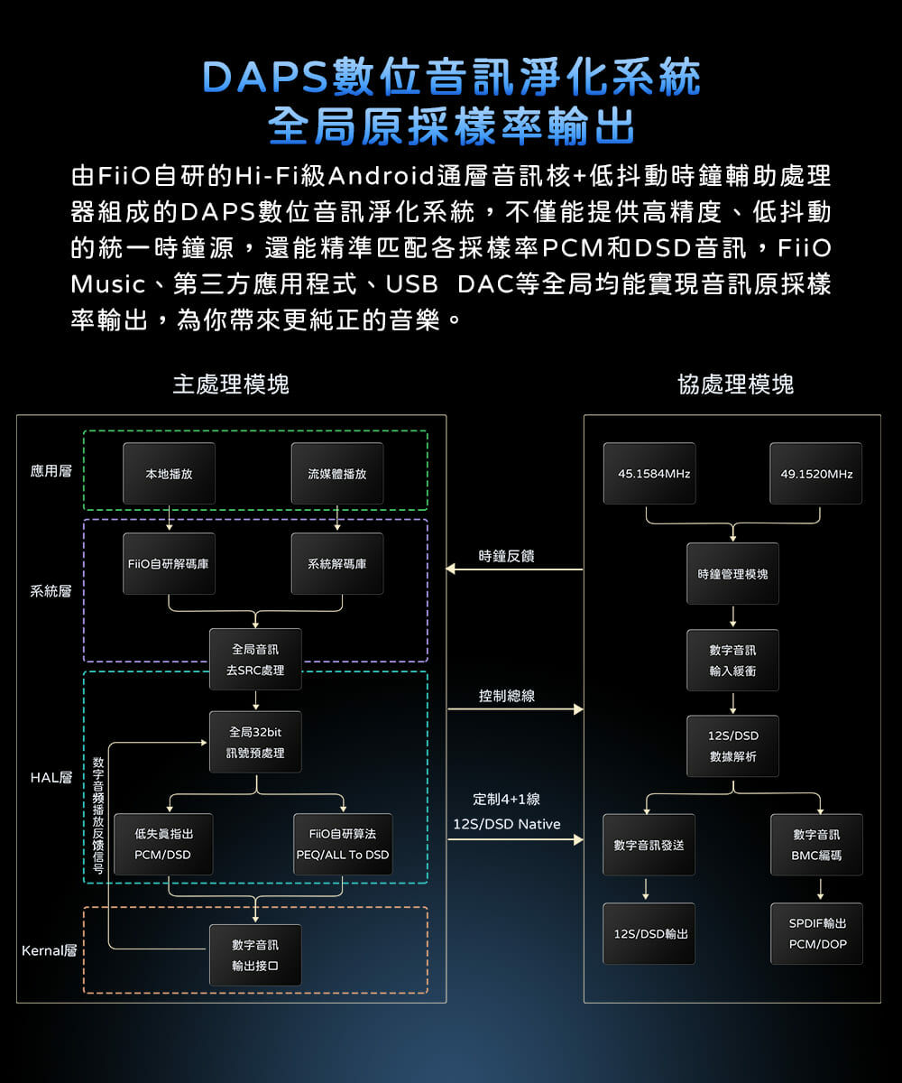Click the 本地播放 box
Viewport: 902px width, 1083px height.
pyautogui.click(x=170, y=474)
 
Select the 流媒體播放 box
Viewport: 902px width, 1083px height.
pyautogui.click(x=337, y=474)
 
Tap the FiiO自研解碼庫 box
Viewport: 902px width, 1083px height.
pyautogui.click(x=170, y=564)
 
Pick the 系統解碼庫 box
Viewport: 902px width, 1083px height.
pyautogui.click(x=337, y=564)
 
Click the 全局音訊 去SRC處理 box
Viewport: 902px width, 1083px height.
pyautogui.click(x=256, y=660)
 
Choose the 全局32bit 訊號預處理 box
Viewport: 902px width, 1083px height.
pyautogui.click(x=256, y=742)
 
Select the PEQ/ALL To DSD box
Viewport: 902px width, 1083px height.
pyautogui.click(x=343, y=845)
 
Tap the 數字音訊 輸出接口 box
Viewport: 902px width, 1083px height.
pyautogui.click(x=256, y=956)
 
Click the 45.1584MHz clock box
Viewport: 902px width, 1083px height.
pyautogui.click(x=649, y=474)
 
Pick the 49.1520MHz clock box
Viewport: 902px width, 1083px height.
pyautogui.click(x=816, y=474)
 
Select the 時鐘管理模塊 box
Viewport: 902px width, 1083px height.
pyautogui.click(x=733, y=574)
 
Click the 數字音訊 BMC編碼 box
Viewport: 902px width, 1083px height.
pyautogui.click(x=816, y=845)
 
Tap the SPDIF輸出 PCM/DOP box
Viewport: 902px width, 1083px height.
pyautogui.click(x=816, y=934)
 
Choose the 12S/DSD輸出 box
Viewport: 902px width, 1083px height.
pyautogui.click(x=649, y=934)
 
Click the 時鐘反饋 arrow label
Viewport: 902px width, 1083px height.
pyautogui.click(x=507, y=556)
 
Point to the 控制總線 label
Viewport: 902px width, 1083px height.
pyautogui.click(x=507, y=696)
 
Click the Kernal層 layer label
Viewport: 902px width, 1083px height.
pyautogui.click(x=49, y=951)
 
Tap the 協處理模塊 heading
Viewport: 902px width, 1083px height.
pyautogui.click(x=735, y=384)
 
